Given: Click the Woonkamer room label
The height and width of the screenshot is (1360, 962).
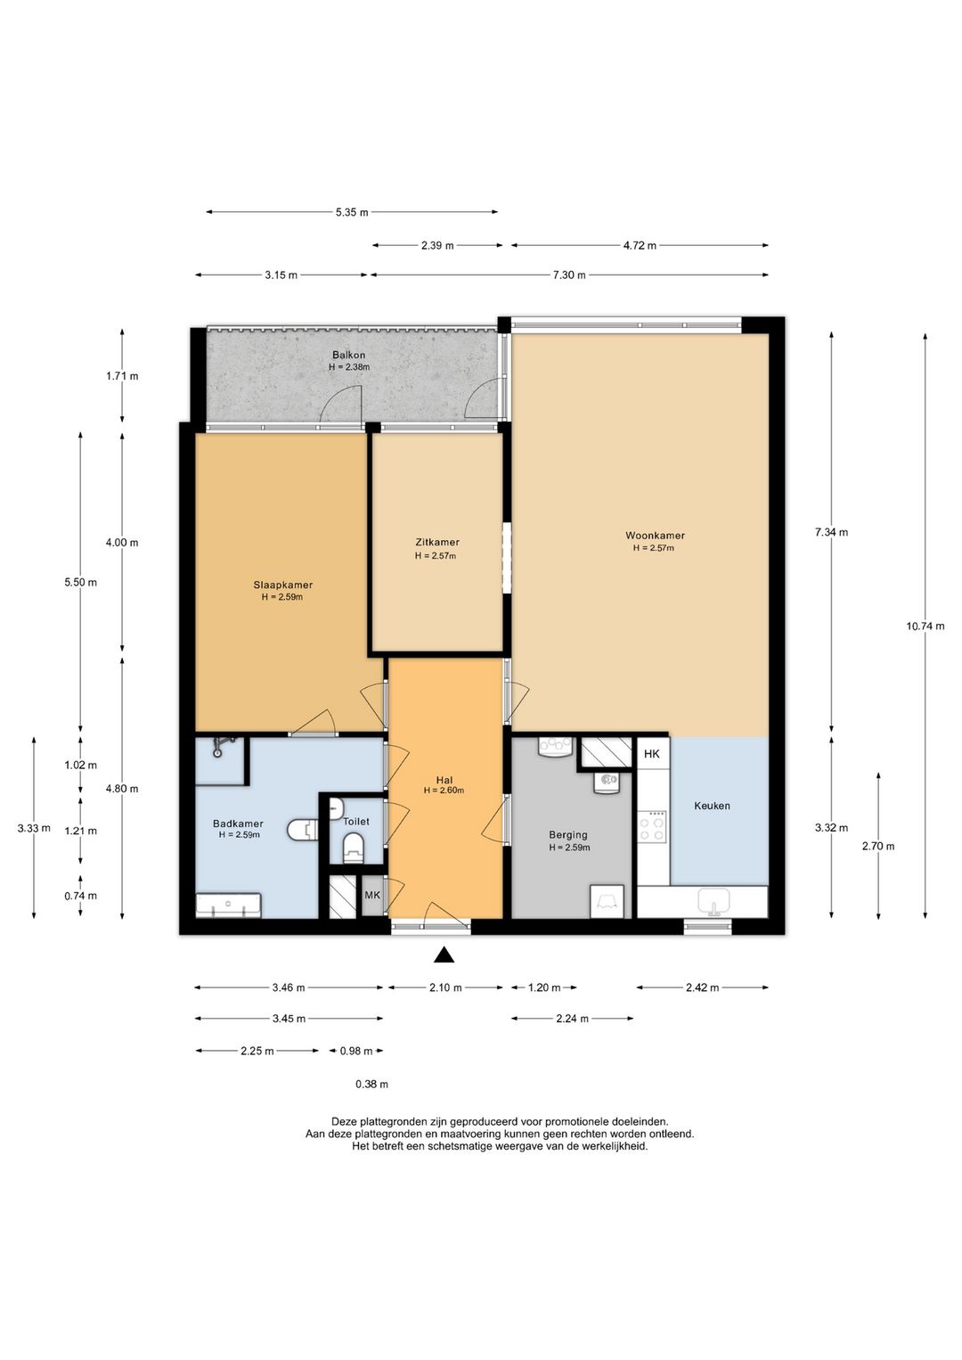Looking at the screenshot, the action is pos(655,536).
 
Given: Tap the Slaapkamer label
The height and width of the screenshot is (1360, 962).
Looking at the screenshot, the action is pos(283,586).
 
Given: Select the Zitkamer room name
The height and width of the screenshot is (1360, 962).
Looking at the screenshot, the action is pos(437,542).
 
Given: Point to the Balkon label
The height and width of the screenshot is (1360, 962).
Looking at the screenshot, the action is pos(349,355).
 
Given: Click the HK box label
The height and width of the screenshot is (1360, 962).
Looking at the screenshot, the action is pos(652,754).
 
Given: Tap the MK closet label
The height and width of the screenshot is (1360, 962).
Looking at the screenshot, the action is pos(372,895).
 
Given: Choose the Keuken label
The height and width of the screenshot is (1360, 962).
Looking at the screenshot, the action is pos(712,806).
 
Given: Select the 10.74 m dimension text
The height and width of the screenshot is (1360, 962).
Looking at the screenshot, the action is pos(925,626).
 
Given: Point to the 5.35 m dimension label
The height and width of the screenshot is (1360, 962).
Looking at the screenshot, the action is pos(352,212).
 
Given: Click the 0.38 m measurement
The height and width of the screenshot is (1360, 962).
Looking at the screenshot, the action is pos(372,1084).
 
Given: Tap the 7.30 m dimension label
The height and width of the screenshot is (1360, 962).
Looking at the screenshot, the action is pos(568,275).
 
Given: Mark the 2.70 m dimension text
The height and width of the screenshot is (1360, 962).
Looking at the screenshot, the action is pos(878,846).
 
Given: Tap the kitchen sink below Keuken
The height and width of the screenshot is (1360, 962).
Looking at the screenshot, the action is pos(714,902).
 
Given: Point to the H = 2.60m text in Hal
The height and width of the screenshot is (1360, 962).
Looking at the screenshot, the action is pos(444,791).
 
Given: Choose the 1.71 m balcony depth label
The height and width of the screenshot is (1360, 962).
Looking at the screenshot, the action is pos(122,376).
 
